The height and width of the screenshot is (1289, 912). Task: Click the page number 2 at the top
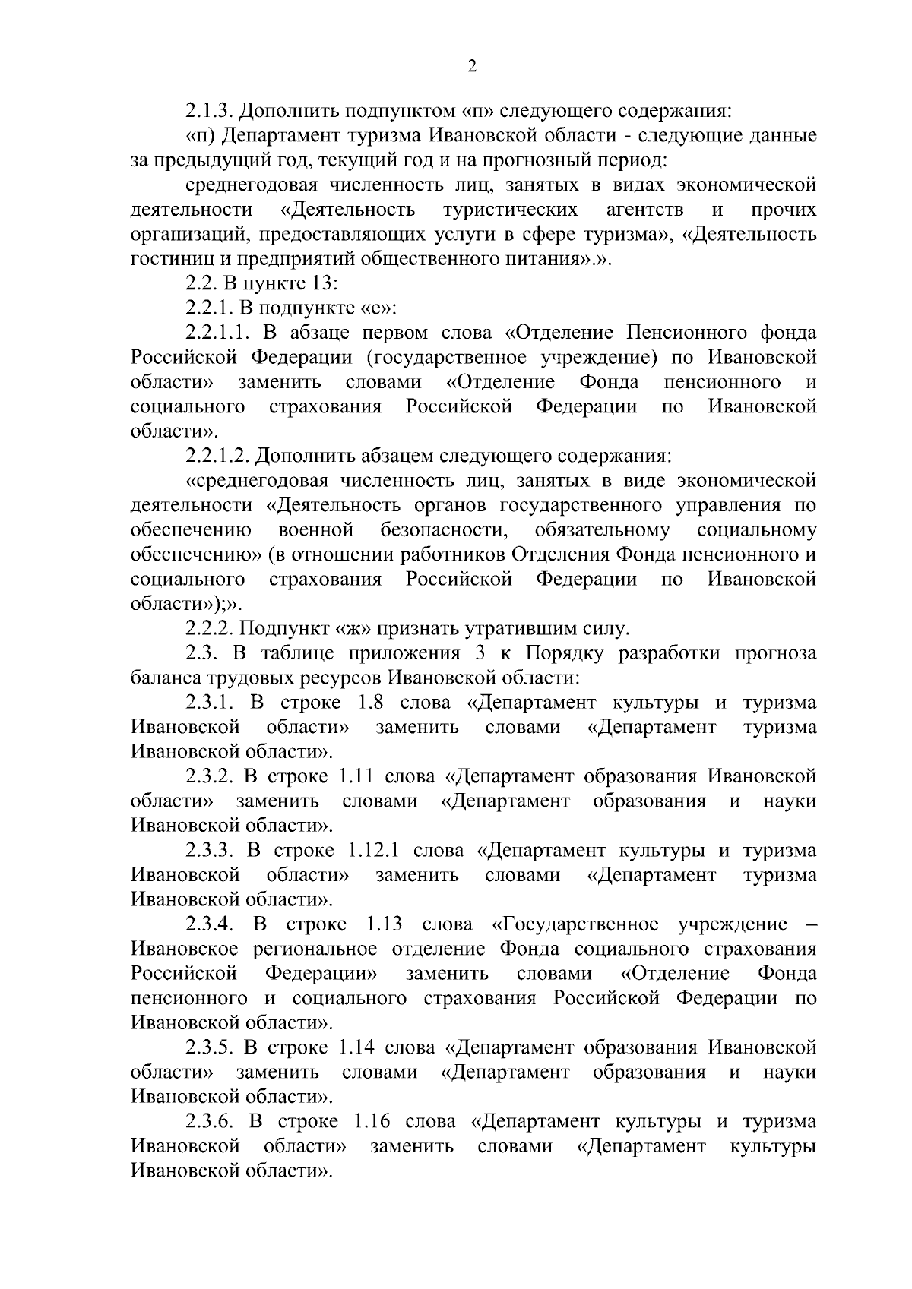[x=471, y=67]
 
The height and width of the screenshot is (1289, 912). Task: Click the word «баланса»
[x=162, y=678]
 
